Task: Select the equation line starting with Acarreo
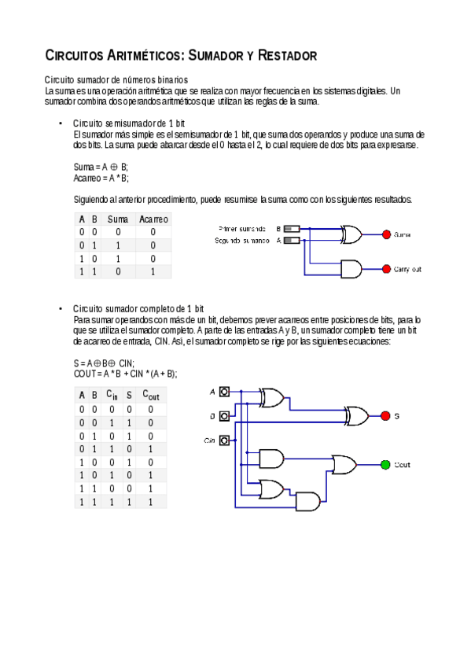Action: [101, 179]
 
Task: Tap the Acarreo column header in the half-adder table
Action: [153, 219]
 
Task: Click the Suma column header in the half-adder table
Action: [118, 219]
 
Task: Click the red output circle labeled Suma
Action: [386, 234]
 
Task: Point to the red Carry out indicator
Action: [386, 269]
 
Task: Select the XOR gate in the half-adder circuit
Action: [350, 234]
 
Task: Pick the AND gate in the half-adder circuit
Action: [350, 269]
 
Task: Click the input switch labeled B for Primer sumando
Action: [291, 229]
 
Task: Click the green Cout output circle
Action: [385, 465]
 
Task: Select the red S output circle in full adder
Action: [385, 415]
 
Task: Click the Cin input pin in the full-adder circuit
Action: [225, 440]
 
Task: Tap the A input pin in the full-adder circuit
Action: [225, 392]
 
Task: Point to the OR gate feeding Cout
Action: [344, 465]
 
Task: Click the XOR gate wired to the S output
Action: [359, 415]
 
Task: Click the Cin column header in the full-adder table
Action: [112, 395]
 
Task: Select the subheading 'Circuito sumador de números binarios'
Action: [116, 80]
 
